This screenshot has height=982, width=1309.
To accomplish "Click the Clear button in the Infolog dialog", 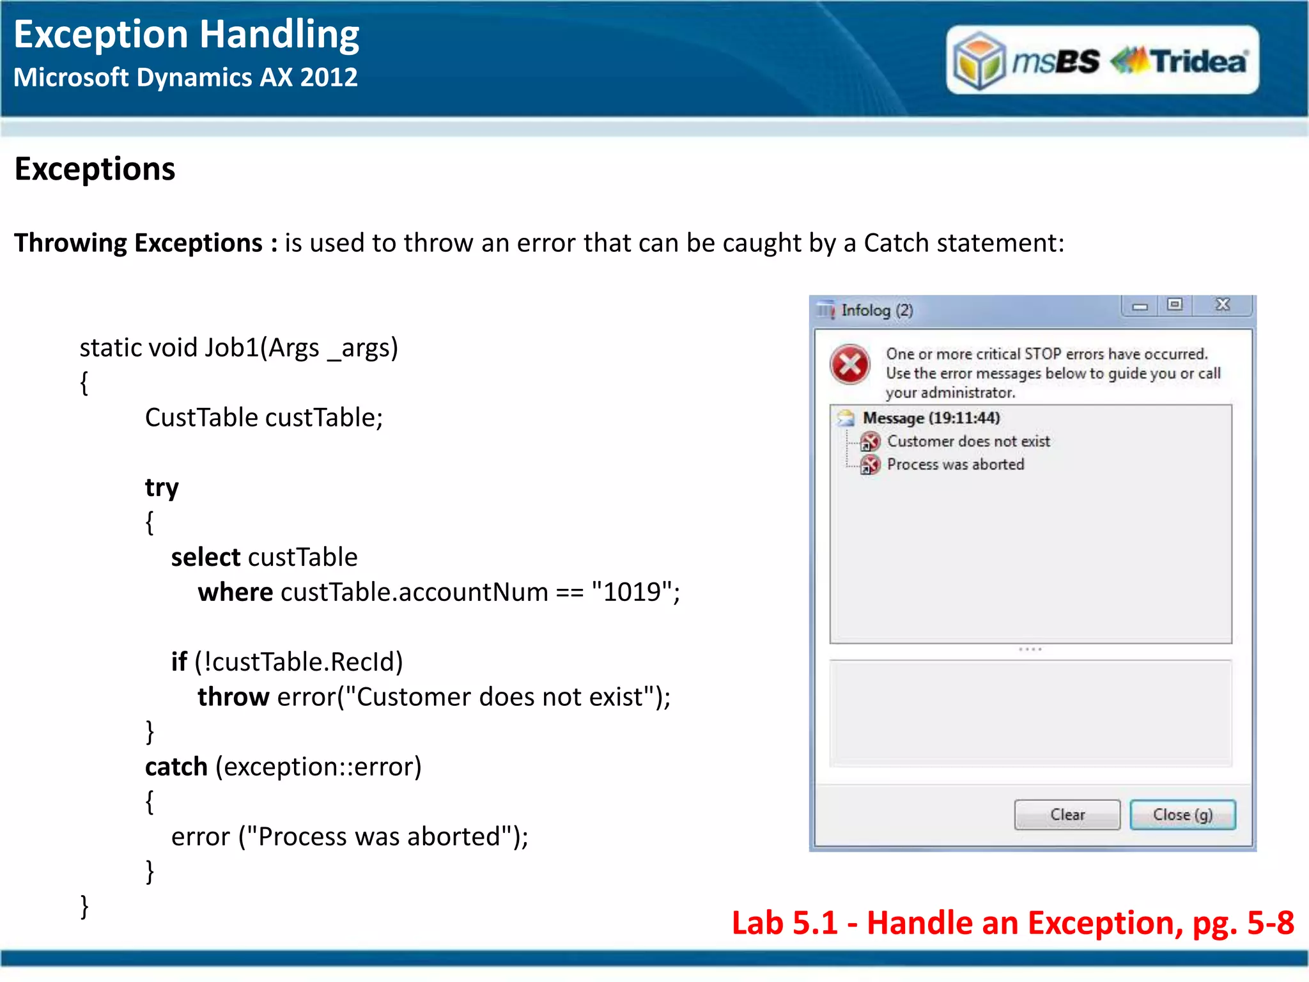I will [1067, 814].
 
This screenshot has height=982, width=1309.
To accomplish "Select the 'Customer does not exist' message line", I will [968, 441].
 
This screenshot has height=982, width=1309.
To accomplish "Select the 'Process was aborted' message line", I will [955, 464].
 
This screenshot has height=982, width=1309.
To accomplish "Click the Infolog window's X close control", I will [1222, 304].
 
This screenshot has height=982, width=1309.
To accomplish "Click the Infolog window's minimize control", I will [1140, 306].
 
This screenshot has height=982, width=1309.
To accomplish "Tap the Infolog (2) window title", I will [876, 310].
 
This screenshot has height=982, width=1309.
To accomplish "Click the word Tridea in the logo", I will [1198, 61].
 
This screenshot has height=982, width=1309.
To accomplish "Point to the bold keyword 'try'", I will [162, 488].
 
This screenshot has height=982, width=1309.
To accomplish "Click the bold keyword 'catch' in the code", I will [176, 767].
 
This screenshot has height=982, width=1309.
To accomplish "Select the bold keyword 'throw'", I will [233, 697].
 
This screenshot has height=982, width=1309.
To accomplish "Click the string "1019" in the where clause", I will [632, 592].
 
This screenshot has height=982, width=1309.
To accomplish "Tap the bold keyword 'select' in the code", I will [205, 557].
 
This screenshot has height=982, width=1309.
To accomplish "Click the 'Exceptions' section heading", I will [95, 169].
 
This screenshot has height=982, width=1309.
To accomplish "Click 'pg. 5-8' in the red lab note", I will [1243, 923].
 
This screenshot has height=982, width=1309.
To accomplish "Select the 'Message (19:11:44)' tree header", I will [931, 417].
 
